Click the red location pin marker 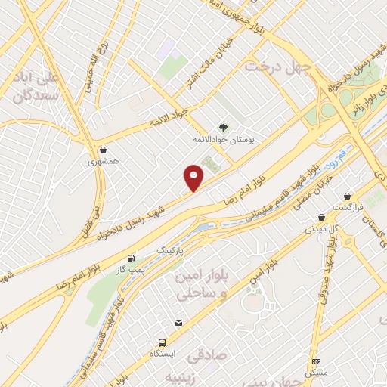point(194,178)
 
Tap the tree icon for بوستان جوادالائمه point(222,128)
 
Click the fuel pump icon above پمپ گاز point(133,258)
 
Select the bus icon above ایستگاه point(162,342)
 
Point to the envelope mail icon point(178,323)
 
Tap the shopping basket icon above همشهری point(103,149)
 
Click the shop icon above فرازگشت point(347,196)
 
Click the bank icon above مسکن point(315,362)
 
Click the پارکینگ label point(170,249)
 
